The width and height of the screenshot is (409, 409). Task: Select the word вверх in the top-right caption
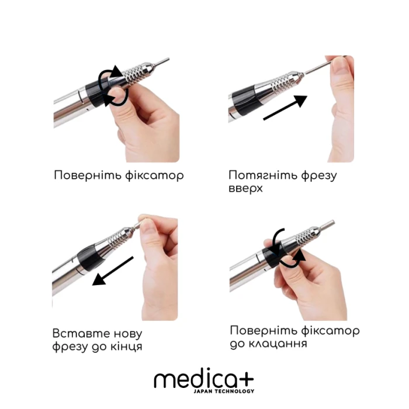246,189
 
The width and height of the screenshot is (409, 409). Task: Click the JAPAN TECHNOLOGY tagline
224,391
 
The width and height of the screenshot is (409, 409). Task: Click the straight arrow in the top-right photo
285,109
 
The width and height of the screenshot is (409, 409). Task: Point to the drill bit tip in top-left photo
164,60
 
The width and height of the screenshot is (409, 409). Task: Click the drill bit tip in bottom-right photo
332,223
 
